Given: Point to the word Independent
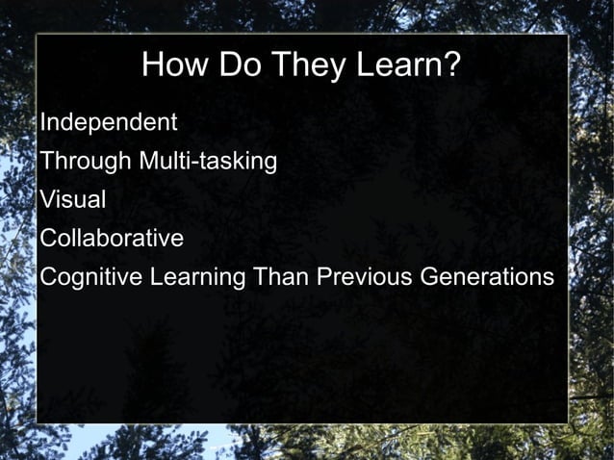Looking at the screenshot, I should coord(108,123).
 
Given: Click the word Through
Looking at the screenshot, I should coord(87,162).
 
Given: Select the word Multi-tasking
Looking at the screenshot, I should coord(209,162).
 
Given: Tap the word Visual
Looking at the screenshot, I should coord(73,200).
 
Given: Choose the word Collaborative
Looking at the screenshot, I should coord(112,239).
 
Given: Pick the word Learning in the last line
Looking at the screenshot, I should coord(193,277).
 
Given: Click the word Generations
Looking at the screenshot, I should coord(487,277).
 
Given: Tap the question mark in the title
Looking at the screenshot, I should coord(453,65).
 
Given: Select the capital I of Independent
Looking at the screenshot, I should coord(43,123).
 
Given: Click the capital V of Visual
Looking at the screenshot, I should coord(47,200).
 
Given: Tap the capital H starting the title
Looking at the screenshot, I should coord(153,65).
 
